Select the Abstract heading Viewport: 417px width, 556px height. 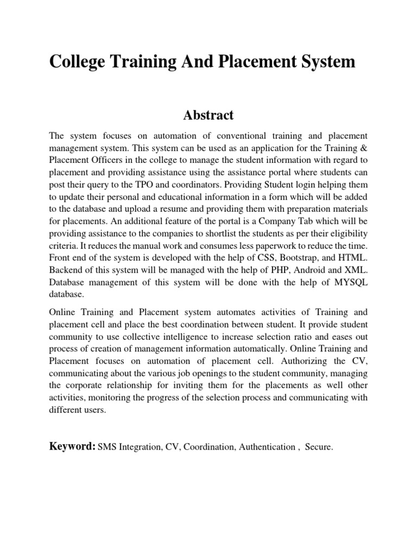pos(208,115)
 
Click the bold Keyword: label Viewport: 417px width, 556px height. pos(72,446)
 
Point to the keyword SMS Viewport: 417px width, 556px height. pos(106,447)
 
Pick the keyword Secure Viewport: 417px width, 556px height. pos(319,447)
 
